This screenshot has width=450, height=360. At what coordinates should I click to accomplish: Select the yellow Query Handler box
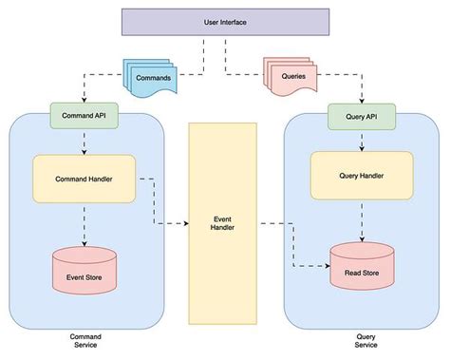[360, 175]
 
